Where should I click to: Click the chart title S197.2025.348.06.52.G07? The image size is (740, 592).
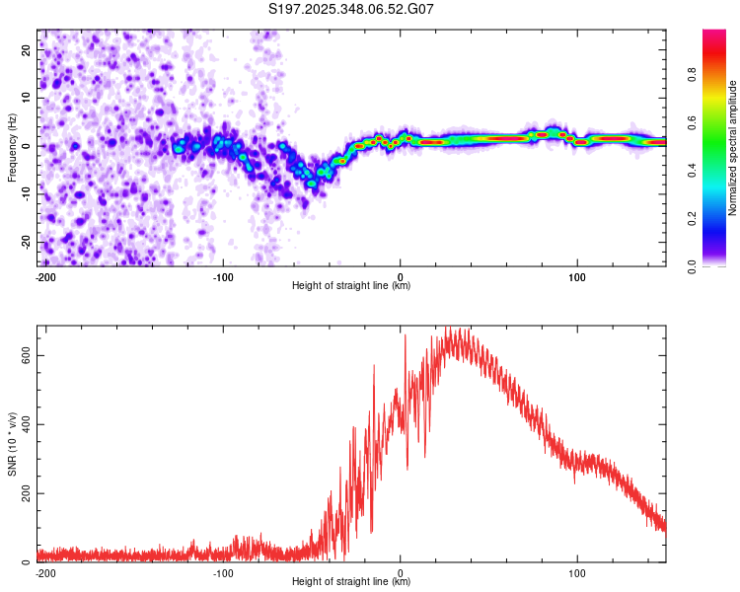click(x=351, y=9)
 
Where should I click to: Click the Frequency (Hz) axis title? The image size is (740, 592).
click(x=13, y=148)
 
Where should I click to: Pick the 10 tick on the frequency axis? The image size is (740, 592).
click(x=27, y=99)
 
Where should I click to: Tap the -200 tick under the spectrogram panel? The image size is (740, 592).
click(x=44, y=276)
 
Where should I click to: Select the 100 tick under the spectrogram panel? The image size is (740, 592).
click(x=577, y=276)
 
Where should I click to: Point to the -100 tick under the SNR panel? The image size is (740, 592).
click(x=222, y=572)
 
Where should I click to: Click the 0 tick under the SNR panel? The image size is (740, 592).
click(x=401, y=572)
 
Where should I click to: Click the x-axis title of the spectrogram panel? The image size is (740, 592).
click(x=351, y=286)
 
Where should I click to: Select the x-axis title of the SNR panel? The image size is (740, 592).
click(x=351, y=582)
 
